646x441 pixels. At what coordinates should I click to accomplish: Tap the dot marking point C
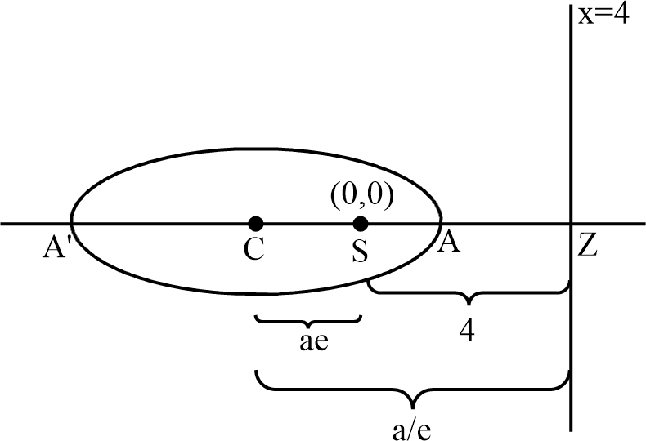tap(256, 222)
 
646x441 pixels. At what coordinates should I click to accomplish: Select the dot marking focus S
tap(360, 222)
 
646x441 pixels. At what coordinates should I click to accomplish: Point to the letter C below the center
tap(254, 249)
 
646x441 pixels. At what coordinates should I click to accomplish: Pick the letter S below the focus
tap(359, 250)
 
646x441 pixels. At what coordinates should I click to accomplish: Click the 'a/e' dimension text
tap(415, 426)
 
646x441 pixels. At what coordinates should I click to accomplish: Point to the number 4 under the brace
tap(469, 329)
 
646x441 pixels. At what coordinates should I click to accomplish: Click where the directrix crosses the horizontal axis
tap(570, 222)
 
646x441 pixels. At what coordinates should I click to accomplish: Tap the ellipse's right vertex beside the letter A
tap(442, 222)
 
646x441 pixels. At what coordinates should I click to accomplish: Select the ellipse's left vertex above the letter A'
tap(70, 222)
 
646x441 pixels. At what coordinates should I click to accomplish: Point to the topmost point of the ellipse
tap(256, 149)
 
